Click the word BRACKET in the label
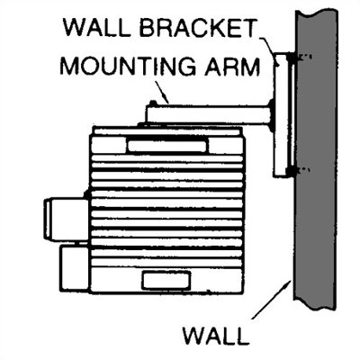(x=198, y=28)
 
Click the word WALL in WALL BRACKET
(x=97, y=28)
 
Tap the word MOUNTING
(x=128, y=66)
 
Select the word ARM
(x=231, y=66)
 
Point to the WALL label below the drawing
(x=217, y=336)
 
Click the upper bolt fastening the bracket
(x=293, y=57)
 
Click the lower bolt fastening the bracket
(x=293, y=171)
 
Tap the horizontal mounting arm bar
(x=209, y=114)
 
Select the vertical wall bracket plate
(x=281, y=115)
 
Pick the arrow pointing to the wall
(x=272, y=299)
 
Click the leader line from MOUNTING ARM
(x=163, y=92)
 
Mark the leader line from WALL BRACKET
(x=269, y=50)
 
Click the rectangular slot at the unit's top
(x=167, y=146)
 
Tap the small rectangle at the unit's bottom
(x=166, y=281)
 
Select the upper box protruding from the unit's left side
(x=67, y=220)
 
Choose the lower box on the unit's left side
(x=75, y=268)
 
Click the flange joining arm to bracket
(x=271, y=115)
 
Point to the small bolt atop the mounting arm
(x=153, y=103)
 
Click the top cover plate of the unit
(x=167, y=130)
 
